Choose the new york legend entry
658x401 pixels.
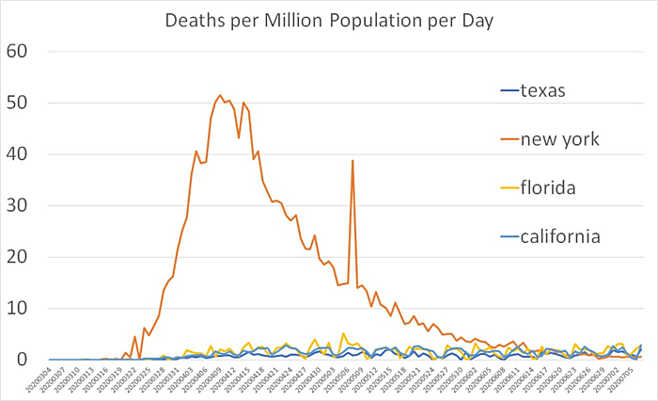point(562,139)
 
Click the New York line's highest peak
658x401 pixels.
point(220,95)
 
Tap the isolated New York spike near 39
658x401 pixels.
point(352,160)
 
